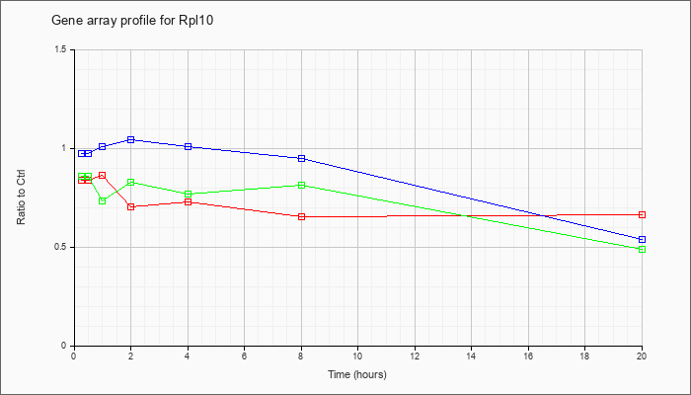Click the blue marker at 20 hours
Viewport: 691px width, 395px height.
(x=642, y=239)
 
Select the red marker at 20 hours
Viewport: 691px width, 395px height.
(x=642, y=214)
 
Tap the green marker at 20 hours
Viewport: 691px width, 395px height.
(x=642, y=249)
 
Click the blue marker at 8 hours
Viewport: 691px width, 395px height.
(x=301, y=158)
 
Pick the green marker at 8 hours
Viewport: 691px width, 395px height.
(x=301, y=185)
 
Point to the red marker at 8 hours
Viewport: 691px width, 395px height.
(x=301, y=216)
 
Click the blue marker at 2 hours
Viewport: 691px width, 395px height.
(x=130, y=139)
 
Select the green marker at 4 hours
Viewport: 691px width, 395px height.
(x=188, y=194)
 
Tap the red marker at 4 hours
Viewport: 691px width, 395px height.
(x=188, y=201)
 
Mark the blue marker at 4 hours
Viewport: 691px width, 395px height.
(x=188, y=146)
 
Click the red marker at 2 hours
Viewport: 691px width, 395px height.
(x=130, y=206)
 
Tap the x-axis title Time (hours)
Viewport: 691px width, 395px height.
(x=357, y=375)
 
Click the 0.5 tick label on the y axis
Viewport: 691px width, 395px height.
(x=61, y=247)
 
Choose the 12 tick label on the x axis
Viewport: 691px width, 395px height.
(x=415, y=356)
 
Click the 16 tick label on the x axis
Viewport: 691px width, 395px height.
(x=528, y=356)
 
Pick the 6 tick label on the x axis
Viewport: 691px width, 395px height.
(x=244, y=356)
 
